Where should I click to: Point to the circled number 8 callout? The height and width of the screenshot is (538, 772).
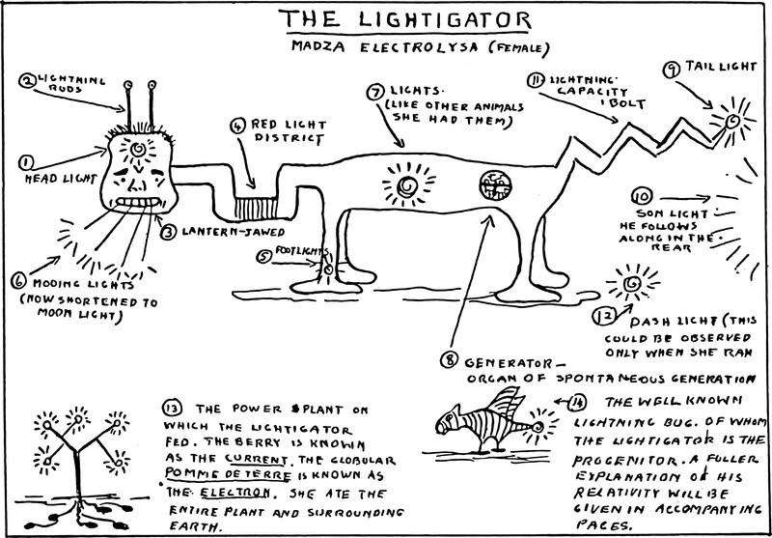click(x=448, y=360)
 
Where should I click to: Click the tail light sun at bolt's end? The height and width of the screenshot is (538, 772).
click(x=731, y=121)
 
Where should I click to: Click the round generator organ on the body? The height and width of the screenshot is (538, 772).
click(x=493, y=184)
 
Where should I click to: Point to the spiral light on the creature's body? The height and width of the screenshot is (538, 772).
click(x=406, y=183)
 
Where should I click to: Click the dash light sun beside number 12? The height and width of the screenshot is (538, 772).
click(x=633, y=284)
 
